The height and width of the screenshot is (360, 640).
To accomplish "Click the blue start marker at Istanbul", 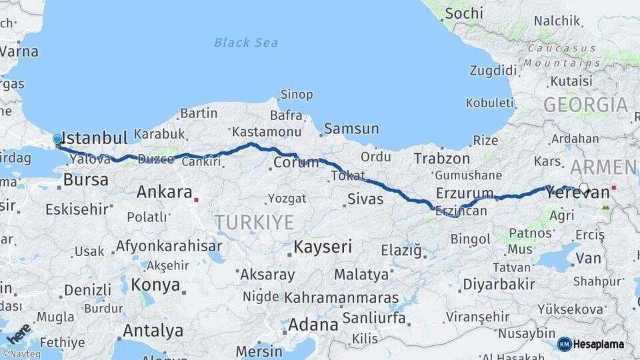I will [57, 140].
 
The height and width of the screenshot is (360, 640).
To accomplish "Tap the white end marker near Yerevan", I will [584, 189].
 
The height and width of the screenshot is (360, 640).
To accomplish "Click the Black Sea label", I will [246, 43].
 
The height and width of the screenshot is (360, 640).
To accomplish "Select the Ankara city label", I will [164, 193].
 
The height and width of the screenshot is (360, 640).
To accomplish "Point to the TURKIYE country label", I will [254, 222].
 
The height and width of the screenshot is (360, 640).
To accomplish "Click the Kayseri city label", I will [323, 247].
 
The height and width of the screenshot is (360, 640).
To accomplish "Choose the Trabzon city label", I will [441, 159].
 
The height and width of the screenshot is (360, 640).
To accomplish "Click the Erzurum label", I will [465, 193].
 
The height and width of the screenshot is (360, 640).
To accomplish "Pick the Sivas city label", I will [365, 199].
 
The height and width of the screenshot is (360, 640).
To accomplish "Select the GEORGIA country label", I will [585, 105].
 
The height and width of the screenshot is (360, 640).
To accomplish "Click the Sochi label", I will [463, 13].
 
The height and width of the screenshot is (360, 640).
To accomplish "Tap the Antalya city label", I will [153, 330].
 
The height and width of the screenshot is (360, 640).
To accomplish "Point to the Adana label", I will [313, 325].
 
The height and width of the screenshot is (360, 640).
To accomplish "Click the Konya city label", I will [155, 285].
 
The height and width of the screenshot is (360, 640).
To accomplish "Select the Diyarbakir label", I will [499, 285].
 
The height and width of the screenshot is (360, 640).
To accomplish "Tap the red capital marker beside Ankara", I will [196, 199].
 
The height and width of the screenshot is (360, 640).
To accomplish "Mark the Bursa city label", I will [86, 180].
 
